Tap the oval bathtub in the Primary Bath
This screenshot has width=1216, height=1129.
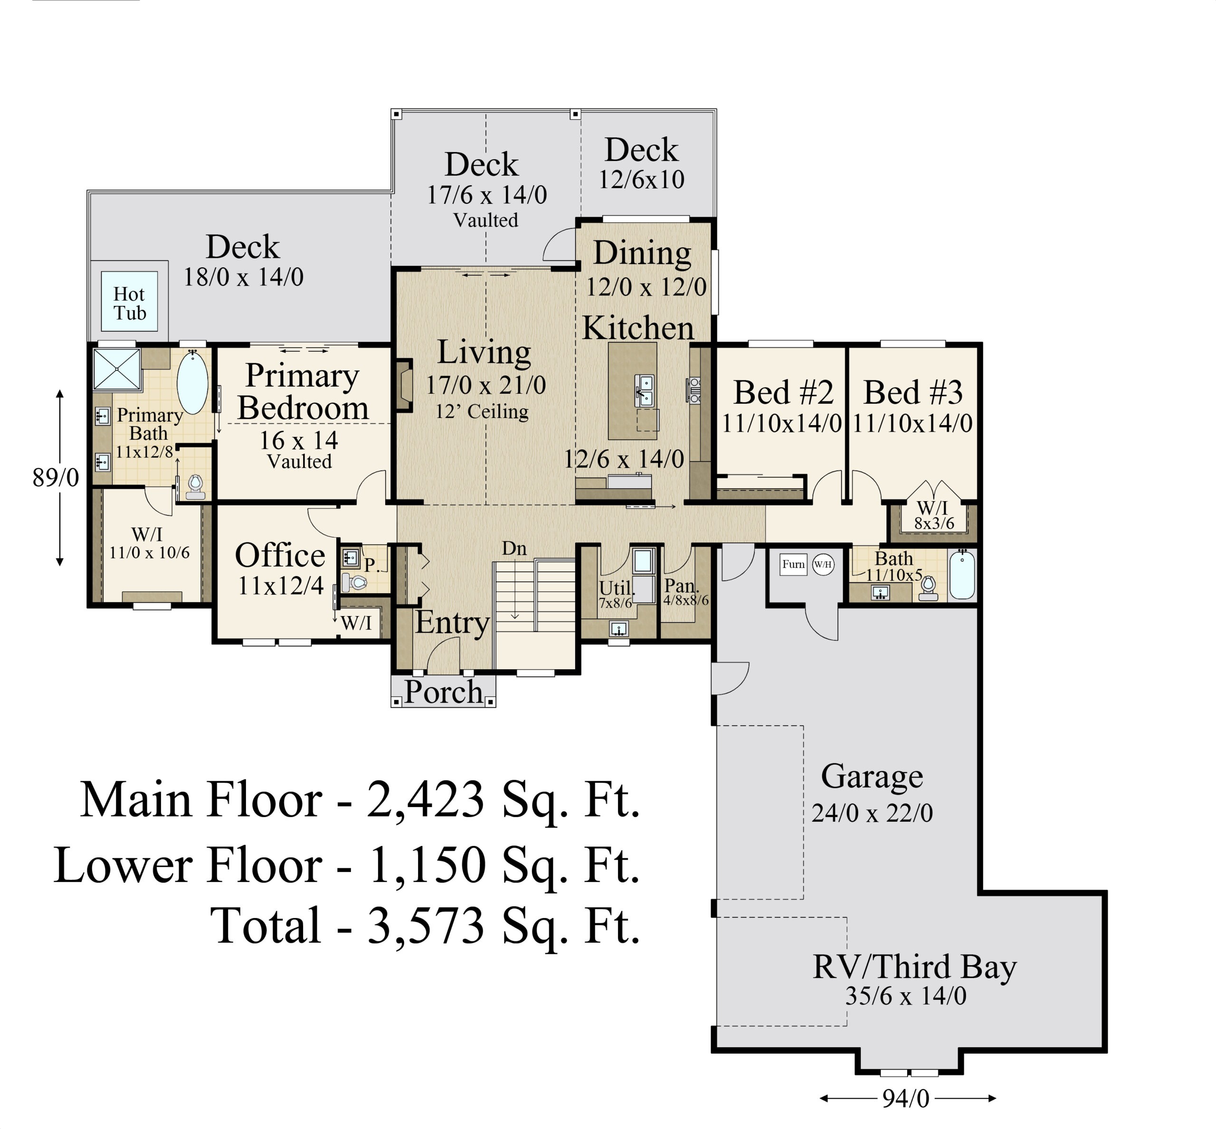pyautogui.click(x=192, y=382)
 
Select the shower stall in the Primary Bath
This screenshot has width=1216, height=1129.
pyautogui.click(x=117, y=369)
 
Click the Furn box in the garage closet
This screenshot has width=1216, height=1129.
pyautogui.click(x=793, y=564)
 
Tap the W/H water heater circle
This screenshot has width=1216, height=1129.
pyautogui.click(x=823, y=564)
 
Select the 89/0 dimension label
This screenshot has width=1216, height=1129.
pyautogui.click(x=56, y=478)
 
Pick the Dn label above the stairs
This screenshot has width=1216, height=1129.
pyautogui.click(x=514, y=549)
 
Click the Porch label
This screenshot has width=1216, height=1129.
pyautogui.click(x=444, y=692)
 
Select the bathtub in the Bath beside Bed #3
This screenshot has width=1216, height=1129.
pyautogui.click(x=962, y=574)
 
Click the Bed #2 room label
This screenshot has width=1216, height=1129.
pyautogui.click(x=783, y=392)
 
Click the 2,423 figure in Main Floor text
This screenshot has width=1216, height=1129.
pyautogui.click(x=425, y=800)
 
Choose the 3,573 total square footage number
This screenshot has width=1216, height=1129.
pyautogui.click(x=426, y=926)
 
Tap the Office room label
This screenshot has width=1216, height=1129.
pyautogui.click(x=280, y=555)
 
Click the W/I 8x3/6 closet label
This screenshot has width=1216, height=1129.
pyautogui.click(x=933, y=514)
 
